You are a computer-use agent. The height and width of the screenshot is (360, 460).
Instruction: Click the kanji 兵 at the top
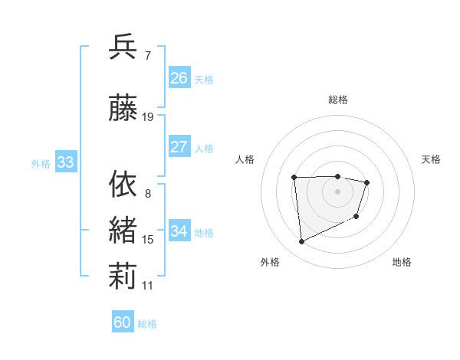(x=123, y=47)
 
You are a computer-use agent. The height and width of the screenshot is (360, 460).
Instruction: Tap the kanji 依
(x=123, y=185)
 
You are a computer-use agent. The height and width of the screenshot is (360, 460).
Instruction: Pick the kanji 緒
(x=123, y=231)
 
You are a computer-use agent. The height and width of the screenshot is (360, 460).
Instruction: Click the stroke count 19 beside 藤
(x=148, y=117)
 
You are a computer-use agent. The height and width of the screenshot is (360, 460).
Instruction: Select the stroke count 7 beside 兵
(x=148, y=55)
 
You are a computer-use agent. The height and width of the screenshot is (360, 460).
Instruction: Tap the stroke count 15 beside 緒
(x=148, y=240)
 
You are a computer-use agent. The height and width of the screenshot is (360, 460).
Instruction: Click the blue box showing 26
(x=179, y=77)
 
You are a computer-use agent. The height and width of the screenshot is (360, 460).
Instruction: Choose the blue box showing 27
(x=179, y=147)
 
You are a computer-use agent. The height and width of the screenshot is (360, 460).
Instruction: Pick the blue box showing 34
(x=179, y=231)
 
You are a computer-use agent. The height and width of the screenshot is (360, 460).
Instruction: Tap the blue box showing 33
(x=65, y=162)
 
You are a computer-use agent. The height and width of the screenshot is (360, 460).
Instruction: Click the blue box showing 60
(x=123, y=322)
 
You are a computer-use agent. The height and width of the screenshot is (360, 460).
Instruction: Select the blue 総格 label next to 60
(x=147, y=324)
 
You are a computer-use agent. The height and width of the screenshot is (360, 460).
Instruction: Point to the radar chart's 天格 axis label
(x=431, y=159)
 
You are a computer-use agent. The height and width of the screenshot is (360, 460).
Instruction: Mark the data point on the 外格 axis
(x=302, y=242)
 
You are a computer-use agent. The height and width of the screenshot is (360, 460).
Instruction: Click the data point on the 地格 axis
(x=356, y=218)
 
